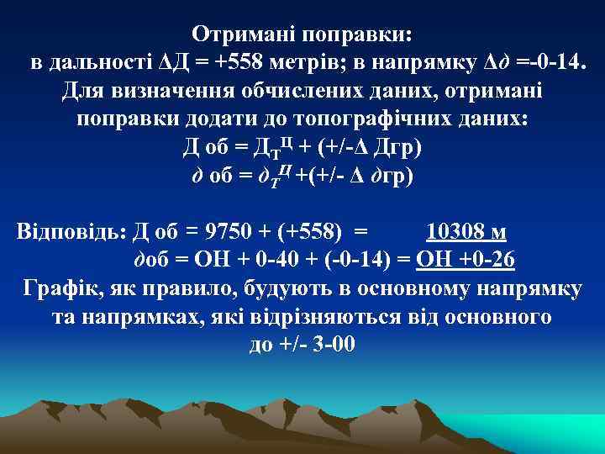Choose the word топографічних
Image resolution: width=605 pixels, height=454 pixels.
point(374,119)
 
